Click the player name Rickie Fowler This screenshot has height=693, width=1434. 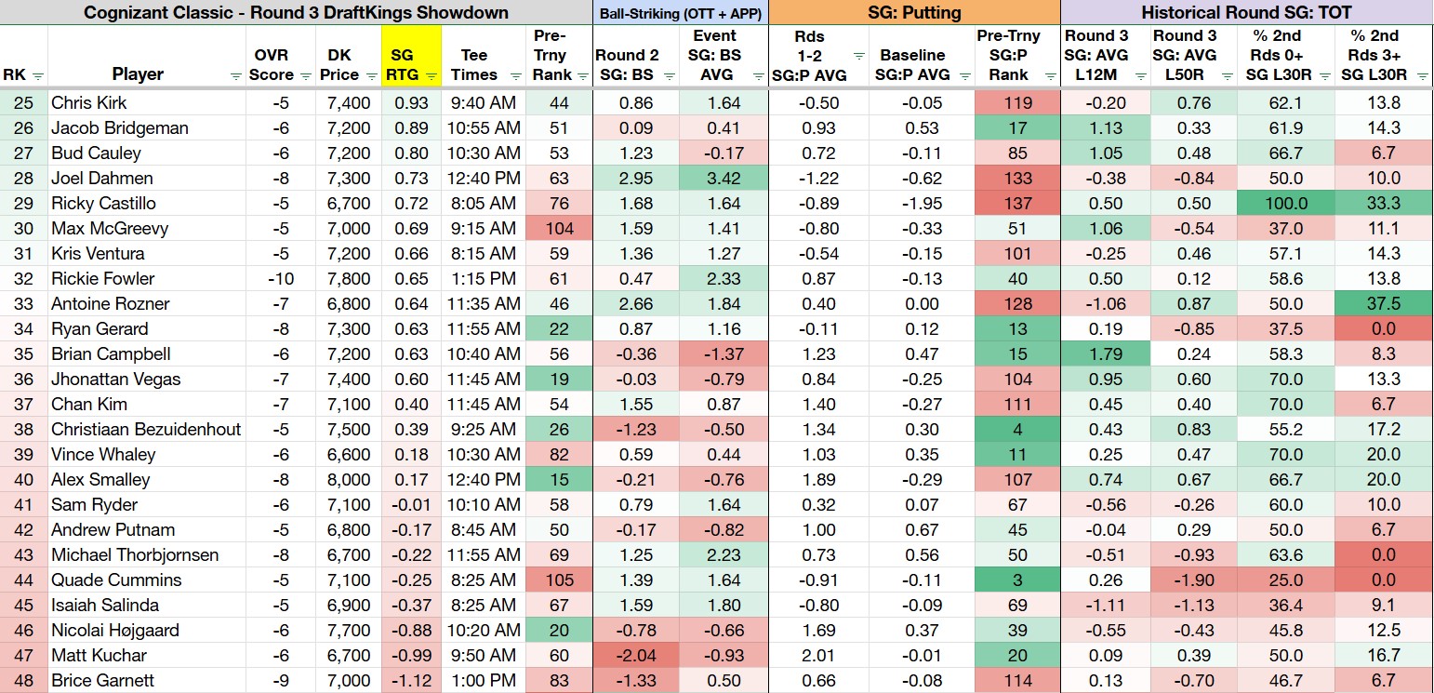tap(102, 279)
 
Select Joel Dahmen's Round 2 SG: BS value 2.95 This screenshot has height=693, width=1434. tap(636, 178)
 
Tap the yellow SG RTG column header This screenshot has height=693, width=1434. tap(411, 56)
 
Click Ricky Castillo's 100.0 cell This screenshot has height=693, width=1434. tap(1285, 203)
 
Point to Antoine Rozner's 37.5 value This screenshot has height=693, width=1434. tap(1384, 303)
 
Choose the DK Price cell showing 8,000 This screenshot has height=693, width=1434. tap(348, 480)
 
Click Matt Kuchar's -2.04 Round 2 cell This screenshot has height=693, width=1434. tap(636, 655)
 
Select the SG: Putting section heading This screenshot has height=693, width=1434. tap(914, 13)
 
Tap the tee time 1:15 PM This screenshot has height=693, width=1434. tap(484, 279)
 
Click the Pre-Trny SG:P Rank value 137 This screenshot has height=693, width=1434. tap(1017, 203)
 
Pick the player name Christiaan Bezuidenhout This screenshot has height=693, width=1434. tap(146, 429)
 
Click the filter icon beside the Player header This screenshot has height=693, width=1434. tap(235, 76)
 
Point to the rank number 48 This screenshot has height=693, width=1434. tap(23, 680)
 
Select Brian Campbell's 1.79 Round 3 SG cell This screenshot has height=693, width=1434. tap(1105, 354)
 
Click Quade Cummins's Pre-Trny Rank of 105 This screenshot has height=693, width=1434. tap(559, 580)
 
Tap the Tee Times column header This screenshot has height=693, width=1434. tap(473, 65)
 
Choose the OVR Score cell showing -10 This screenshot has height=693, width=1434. tap(281, 279)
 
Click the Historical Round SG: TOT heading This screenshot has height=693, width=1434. tap(1246, 13)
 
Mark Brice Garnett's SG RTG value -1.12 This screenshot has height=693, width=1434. tap(411, 680)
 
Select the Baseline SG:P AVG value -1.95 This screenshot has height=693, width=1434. tap(922, 203)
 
